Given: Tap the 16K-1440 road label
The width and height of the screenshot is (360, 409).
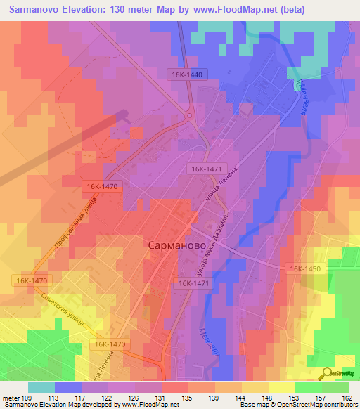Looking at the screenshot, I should pos(185,74).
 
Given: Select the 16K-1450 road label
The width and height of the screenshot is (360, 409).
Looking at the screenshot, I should pos(303,269).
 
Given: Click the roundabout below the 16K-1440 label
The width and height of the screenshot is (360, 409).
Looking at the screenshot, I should pos(189,115).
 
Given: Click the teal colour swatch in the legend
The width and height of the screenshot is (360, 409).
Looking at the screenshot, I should pos(41,387).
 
